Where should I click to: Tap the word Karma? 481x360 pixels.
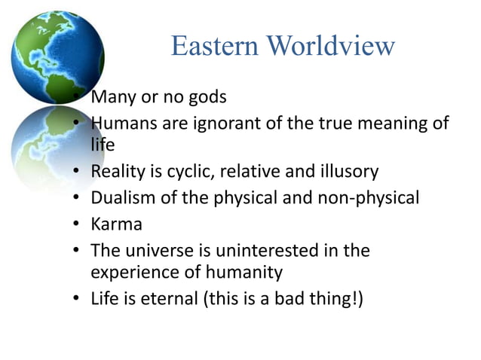[x=116, y=224]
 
